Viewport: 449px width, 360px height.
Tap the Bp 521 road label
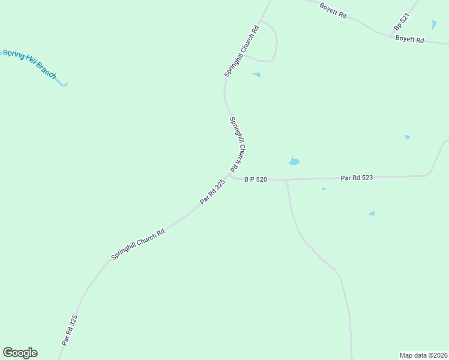coord(401,23)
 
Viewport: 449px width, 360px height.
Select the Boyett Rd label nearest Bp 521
coord(410,40)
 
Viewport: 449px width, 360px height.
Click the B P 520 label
coord(255,179)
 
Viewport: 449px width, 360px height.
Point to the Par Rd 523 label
coord(357,178)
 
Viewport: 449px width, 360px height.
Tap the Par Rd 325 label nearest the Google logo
coord(70,330)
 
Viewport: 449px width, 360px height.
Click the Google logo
coord(20,353)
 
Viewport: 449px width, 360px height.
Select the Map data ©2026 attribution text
coord(423,355)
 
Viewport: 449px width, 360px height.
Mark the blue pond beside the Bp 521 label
coord(434,25)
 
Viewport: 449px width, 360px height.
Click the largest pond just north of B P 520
coord(294,161)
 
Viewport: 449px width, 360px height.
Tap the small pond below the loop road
coord(256,75)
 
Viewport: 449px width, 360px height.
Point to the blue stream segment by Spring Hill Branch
coord(62,83)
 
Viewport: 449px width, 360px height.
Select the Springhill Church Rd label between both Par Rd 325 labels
coord(138,245)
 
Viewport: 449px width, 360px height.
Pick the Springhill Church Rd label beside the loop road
coord(241,50)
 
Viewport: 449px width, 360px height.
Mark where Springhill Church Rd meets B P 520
coord(231,175)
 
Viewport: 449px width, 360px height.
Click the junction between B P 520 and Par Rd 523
coord(286,179)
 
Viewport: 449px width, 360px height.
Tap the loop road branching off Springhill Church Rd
coord(275,42)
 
